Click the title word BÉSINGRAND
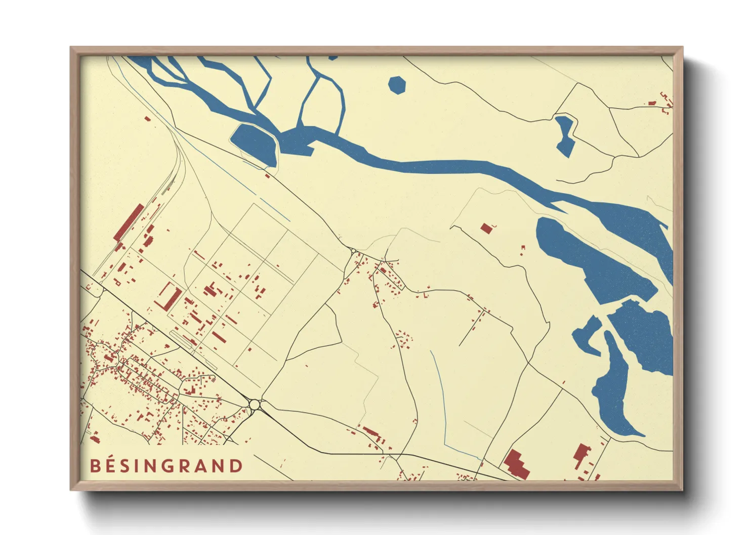[167, 466]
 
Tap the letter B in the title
[95, 466]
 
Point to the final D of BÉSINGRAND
[237, 466]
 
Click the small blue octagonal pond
[397, 85]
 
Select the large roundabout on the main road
[254, 405]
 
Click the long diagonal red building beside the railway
[129, 222]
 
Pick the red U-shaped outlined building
[169, 296]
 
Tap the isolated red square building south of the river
[486, 228]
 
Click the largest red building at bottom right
[517, 463]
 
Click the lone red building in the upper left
[147, 119]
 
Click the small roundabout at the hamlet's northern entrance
[353, 250]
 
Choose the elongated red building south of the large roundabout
[371, 432]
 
